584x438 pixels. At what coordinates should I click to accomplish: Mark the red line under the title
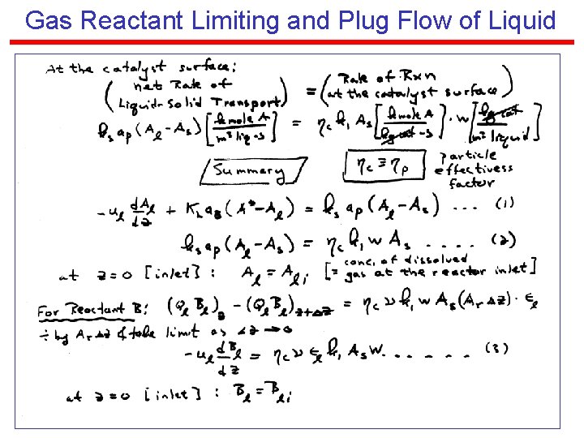[292, 42]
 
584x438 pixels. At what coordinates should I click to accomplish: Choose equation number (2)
[503, 239]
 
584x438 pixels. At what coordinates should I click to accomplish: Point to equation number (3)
[497, 348]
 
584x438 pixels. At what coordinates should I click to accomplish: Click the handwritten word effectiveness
[474, 169]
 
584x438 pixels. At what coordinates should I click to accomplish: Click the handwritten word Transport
[247, 101]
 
